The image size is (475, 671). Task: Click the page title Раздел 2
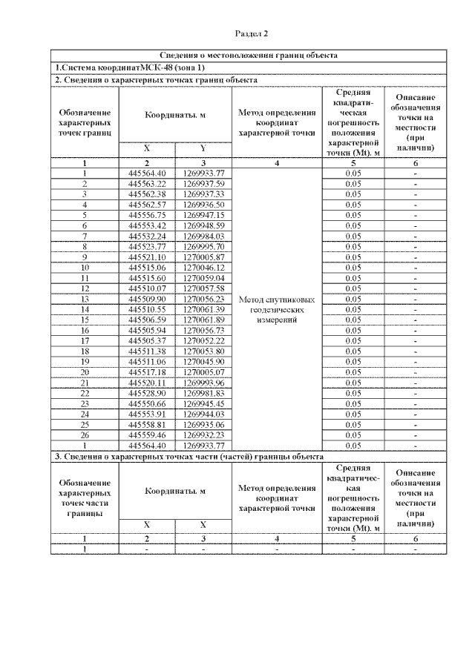tap(251, 33)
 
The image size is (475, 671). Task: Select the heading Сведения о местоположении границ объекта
tap(249, 56)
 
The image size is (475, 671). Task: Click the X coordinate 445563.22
tap(147, 183)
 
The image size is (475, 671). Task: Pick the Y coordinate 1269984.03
tap(203, 236)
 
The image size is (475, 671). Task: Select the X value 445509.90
tap(147, 298)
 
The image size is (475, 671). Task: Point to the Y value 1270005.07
tap(203, 371)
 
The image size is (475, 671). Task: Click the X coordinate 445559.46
tap(147, 434)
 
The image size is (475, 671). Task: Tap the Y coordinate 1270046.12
tap(203, 267)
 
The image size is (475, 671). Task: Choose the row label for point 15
tap(85, 320)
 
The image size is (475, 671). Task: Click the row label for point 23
tap(85, 403)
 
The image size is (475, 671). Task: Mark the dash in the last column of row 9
tap(415, 257)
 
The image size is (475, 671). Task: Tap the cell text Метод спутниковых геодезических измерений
tap(277, 310)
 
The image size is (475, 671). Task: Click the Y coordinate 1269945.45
tap(203, 403)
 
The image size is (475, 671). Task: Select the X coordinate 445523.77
tap(147, 246)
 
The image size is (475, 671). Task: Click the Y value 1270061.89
tap(203, 320)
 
